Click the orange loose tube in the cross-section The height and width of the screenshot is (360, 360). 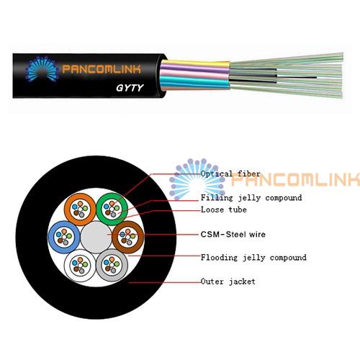(x=69, y=210)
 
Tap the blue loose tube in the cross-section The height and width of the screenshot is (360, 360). (x=53, y=237)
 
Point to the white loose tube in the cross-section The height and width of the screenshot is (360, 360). (x=68, y=265)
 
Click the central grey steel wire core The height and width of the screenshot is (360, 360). (x=96, y=237)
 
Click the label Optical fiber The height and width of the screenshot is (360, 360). (x=230, y=174)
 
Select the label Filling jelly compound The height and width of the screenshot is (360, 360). (x=251, y=198)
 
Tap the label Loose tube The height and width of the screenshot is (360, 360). (x=224, y=210)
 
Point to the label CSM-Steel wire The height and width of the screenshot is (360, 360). (x=233, y=234)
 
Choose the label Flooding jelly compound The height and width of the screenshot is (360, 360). (x=253, y=258)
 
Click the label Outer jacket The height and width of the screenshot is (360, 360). (x=228, y=282)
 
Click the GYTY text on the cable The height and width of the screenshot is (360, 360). (x=130, y=88)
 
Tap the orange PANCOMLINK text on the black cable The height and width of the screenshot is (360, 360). (x=102, y=69)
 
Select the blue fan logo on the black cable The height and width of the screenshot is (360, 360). (x=42, y=69)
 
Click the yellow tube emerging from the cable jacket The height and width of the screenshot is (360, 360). (x=196, y=64)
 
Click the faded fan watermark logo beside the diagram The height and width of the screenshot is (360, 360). (x=197, y=179)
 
